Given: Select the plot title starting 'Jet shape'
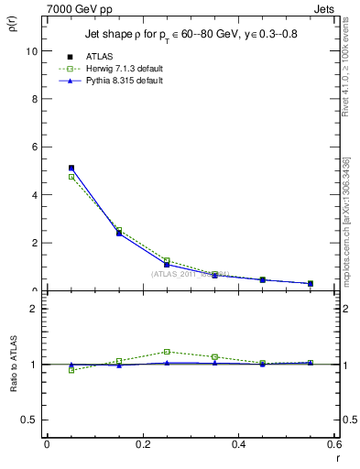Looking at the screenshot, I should coord(186,34).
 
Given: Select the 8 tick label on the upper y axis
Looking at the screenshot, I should coord(32,99).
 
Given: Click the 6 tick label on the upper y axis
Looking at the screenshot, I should coord(32,147).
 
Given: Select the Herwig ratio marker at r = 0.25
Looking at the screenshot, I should coord(167,352).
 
